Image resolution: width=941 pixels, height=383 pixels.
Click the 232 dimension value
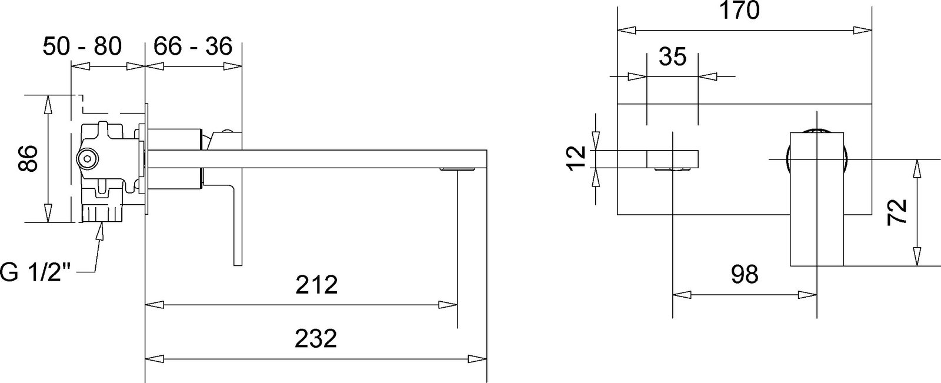316,339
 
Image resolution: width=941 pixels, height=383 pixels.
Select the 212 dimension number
317,285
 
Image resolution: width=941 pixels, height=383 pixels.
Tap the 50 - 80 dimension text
82,46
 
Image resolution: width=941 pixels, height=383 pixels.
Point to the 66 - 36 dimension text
193,46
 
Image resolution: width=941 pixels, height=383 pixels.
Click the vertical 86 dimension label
28,158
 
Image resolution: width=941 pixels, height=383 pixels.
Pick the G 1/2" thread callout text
35,273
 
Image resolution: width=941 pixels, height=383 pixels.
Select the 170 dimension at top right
740,10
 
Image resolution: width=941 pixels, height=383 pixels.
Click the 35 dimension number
673,56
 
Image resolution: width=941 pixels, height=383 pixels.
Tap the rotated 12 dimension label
576,158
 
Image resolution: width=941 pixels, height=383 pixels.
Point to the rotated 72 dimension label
897,212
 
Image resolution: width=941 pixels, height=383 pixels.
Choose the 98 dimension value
745,274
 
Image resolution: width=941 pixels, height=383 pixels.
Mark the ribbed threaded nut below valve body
101,213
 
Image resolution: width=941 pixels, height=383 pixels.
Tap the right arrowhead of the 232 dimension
478,359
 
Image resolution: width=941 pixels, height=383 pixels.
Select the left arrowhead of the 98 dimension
682,295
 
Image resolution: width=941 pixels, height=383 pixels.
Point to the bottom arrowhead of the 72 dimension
917,257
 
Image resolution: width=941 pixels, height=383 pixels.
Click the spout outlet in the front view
672,170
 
